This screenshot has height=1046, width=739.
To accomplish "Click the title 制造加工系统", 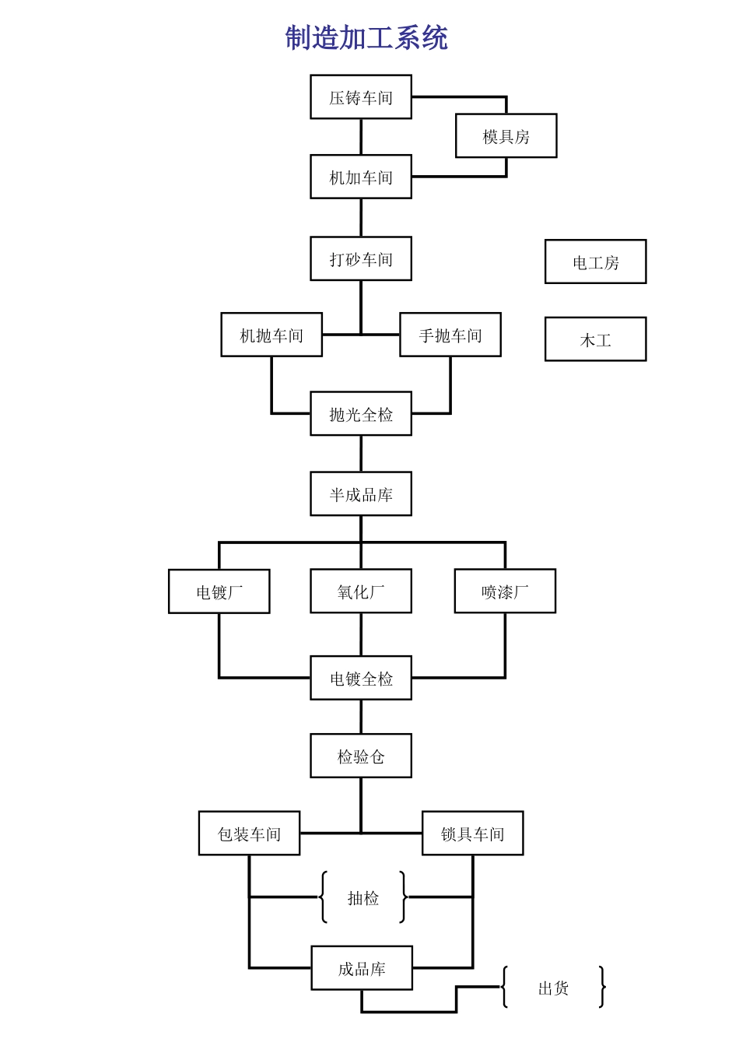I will click(x=366, y=37).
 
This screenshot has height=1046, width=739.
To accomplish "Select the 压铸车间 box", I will click(x=361, y=97).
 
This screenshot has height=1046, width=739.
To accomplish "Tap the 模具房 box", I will click(x=506, y=136).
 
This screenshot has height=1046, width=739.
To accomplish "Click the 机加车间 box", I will click(x=361, y=177).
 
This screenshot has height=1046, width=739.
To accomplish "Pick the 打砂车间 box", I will click(x=361, y=258).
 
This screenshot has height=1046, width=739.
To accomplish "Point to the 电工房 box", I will click(x=596, y=262).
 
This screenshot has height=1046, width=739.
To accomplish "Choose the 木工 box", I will click(x=596, y=339).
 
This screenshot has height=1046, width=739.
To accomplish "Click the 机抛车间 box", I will click(x=271, y=335).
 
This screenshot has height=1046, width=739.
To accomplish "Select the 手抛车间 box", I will click(x=450, y=335).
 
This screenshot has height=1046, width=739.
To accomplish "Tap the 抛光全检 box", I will click(x=361, y=414).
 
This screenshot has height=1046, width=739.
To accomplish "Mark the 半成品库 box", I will click(x=361, y=494).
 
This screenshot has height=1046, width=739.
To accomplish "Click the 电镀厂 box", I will click(x=219, y=592).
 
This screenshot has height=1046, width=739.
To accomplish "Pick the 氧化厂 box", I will click(x=361, y=591).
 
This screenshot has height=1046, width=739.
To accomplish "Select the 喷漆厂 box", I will click(x=505, y=591).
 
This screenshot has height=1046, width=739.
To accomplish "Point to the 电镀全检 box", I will click(x=361, y=678).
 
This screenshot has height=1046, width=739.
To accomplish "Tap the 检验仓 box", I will click(x=361, y=756).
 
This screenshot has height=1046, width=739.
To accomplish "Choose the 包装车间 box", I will click(x=249, y=834).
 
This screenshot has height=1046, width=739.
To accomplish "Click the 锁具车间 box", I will click(x=473, y=834).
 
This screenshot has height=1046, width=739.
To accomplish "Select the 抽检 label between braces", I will click(x=363, y=898).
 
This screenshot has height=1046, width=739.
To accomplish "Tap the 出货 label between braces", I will click(x=554, y=988).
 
